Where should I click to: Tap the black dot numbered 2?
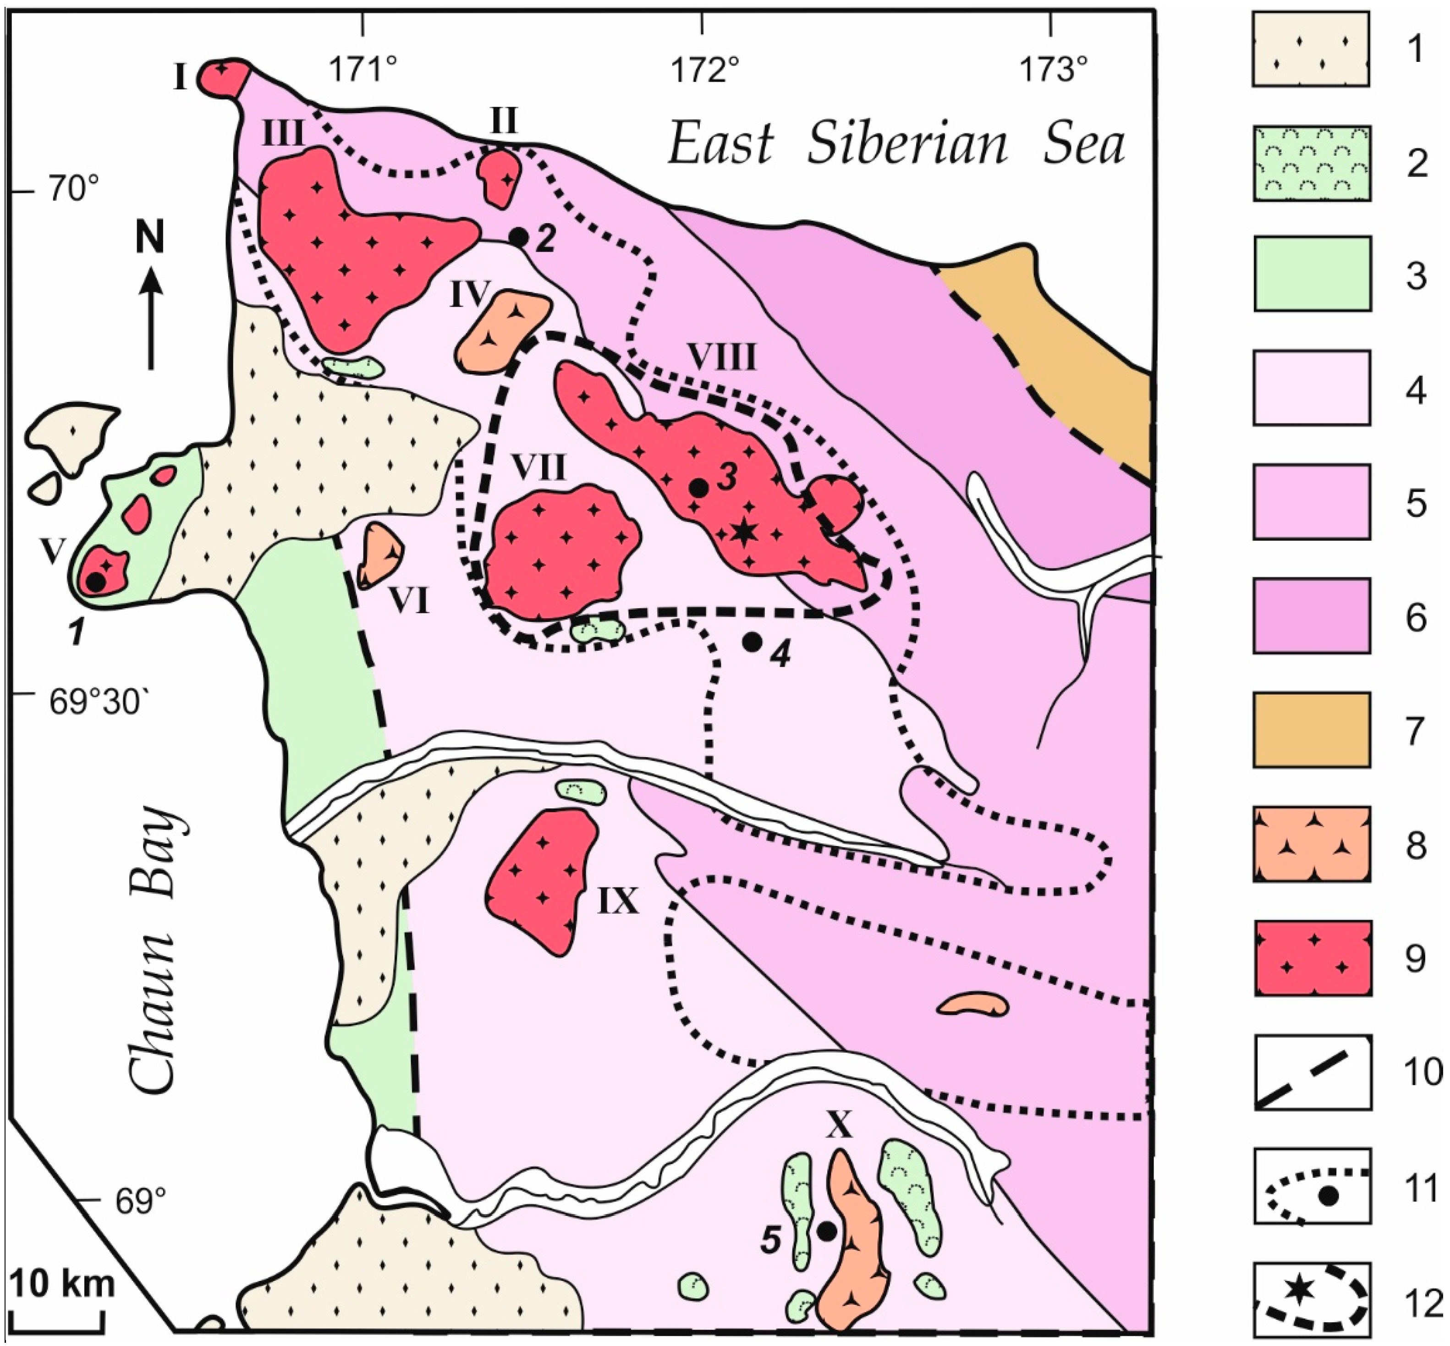pyautogui.click(x=518, y=237)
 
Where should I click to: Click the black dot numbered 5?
pyautogui.click(x=826, y=1231)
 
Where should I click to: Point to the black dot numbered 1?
pyautogui.click(x=95, y=581)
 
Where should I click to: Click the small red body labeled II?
pyautogui.click(x=499, y=177)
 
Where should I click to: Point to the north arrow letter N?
pyautogui.click(x=151, y=238)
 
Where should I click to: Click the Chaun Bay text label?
pyautogui.click(x=154, y=947)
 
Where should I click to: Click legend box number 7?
pyautogui.click(x=1312, y=730)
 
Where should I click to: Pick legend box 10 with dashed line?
pyautogui.click(x=1312, y=1071)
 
